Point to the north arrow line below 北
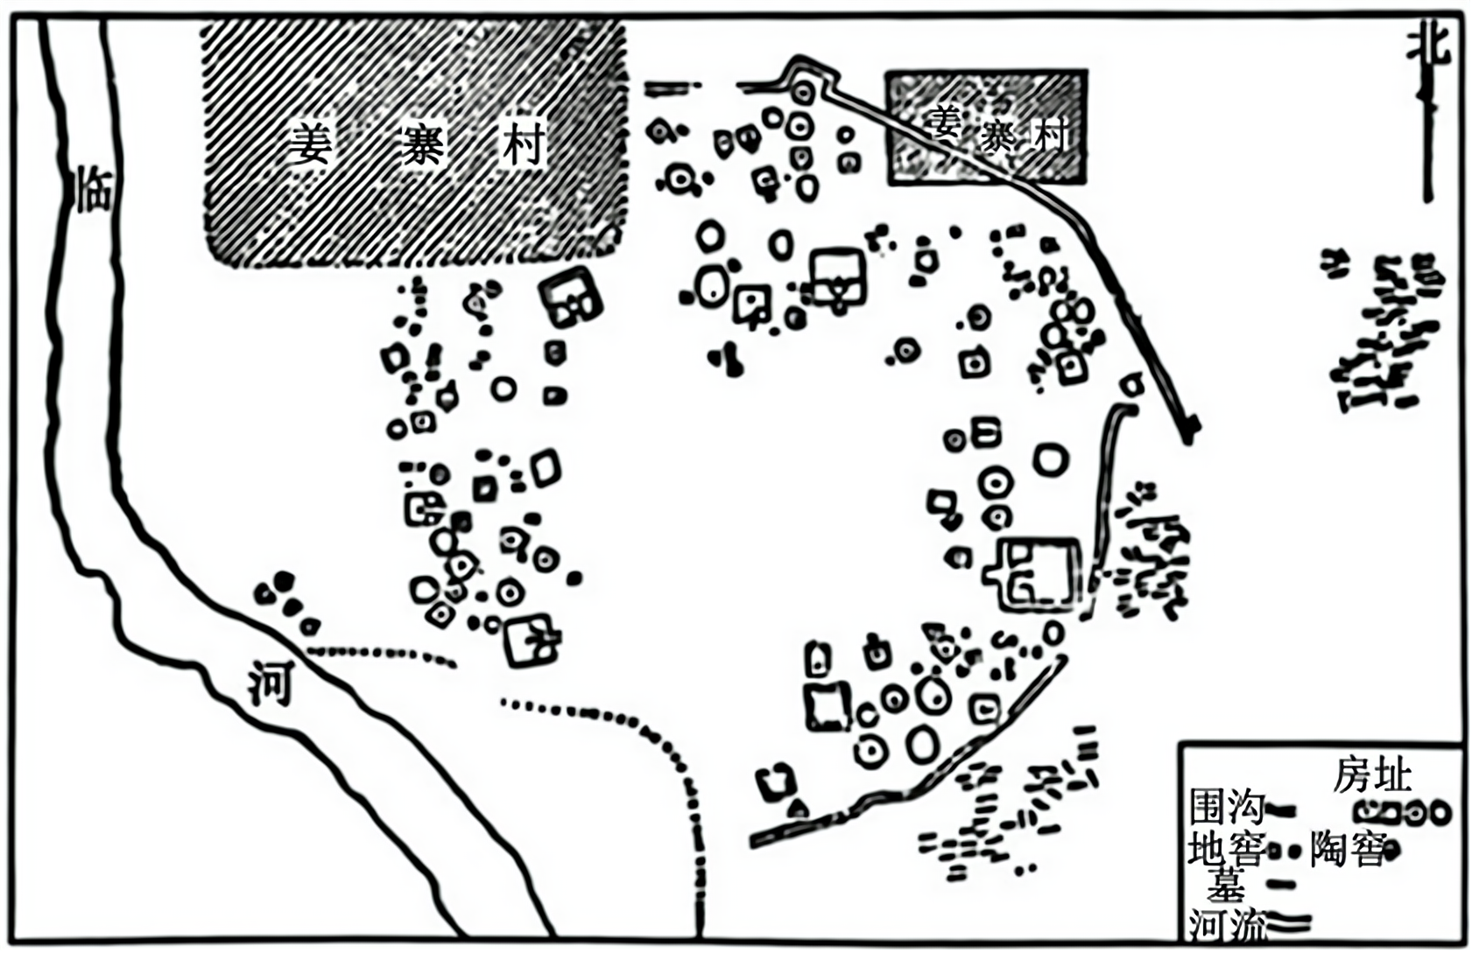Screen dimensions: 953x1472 point(1427,140)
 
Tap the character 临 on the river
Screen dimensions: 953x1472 point(95,189)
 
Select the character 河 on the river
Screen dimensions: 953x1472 point(270,683)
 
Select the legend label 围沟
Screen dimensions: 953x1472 point(1225,808)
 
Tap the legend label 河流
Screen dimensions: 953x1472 point(1225,923)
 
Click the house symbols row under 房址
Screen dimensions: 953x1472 point(1401,813)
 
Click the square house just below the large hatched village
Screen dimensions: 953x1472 point(570,298)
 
